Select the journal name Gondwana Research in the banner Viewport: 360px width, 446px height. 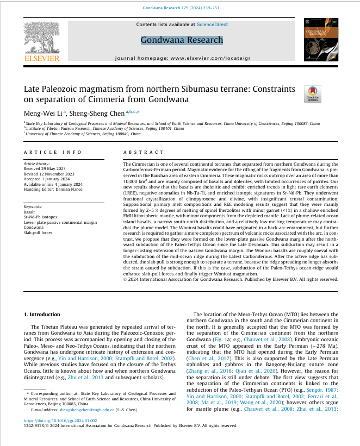tap(182, 40)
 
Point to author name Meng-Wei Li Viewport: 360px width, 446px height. tap(43, 112)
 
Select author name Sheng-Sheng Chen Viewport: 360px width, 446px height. tap(97, 112)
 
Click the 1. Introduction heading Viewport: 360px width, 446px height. tap(42, 315)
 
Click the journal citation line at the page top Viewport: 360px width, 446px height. tap(179, 8)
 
